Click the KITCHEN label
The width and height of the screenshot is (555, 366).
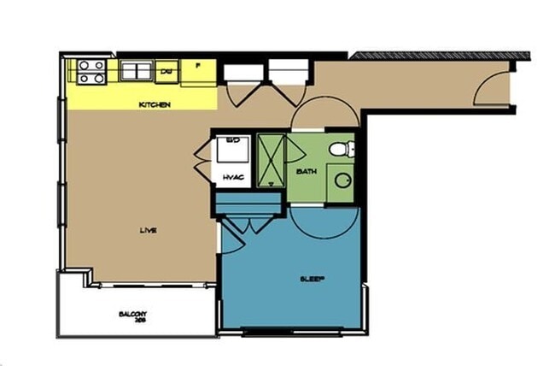click(156, 105)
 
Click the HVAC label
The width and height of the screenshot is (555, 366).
click(233, 176)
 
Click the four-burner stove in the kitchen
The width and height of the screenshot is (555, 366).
click(91, 72)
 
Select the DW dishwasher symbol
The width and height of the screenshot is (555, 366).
click(168, 70)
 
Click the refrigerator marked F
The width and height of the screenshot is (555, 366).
click(198, 66)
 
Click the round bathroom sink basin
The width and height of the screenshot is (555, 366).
click(343, 180)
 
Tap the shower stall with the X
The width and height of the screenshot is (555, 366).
click(272, 160)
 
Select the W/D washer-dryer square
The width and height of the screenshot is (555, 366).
click(232, 149)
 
